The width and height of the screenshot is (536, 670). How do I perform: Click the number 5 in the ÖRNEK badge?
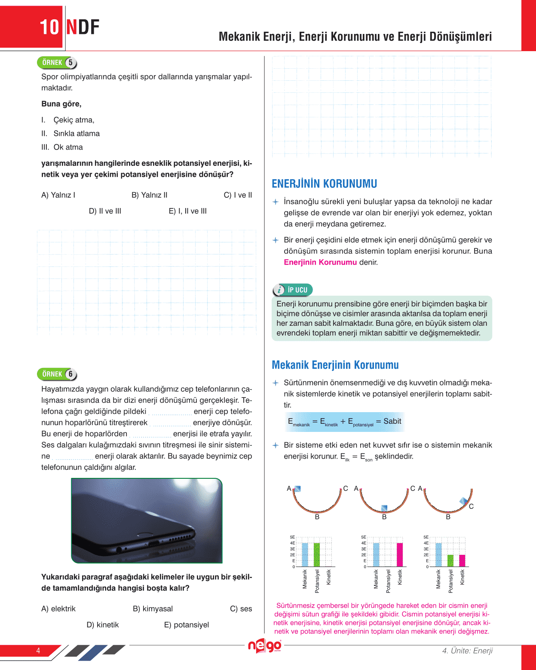[70, 63]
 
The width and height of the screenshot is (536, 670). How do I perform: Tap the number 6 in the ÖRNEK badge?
[70, 374]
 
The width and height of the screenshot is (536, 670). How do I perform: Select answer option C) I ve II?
[238, 195]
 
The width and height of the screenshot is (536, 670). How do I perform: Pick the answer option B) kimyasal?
[153, 609]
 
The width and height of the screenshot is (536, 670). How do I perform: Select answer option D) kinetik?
[102, 625]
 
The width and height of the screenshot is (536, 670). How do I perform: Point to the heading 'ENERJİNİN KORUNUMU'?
[324, 184]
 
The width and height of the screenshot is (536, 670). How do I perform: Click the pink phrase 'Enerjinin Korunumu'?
[320, 262]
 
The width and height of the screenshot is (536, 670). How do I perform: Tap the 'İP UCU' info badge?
[293, 290]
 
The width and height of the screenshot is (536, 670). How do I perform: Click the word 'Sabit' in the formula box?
[392, 421]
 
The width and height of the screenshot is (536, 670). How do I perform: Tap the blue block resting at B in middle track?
[384, 508]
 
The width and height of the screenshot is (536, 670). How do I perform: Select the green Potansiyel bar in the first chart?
[317, 555]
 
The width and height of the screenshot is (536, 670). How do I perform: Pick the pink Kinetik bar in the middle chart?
[400, 555]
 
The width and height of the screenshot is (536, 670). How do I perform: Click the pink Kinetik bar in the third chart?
[462, 561]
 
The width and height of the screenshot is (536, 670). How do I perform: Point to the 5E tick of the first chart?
[292, 537]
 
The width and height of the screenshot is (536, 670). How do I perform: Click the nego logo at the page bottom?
[264, 646]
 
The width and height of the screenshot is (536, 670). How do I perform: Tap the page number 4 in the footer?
[38, 651]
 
